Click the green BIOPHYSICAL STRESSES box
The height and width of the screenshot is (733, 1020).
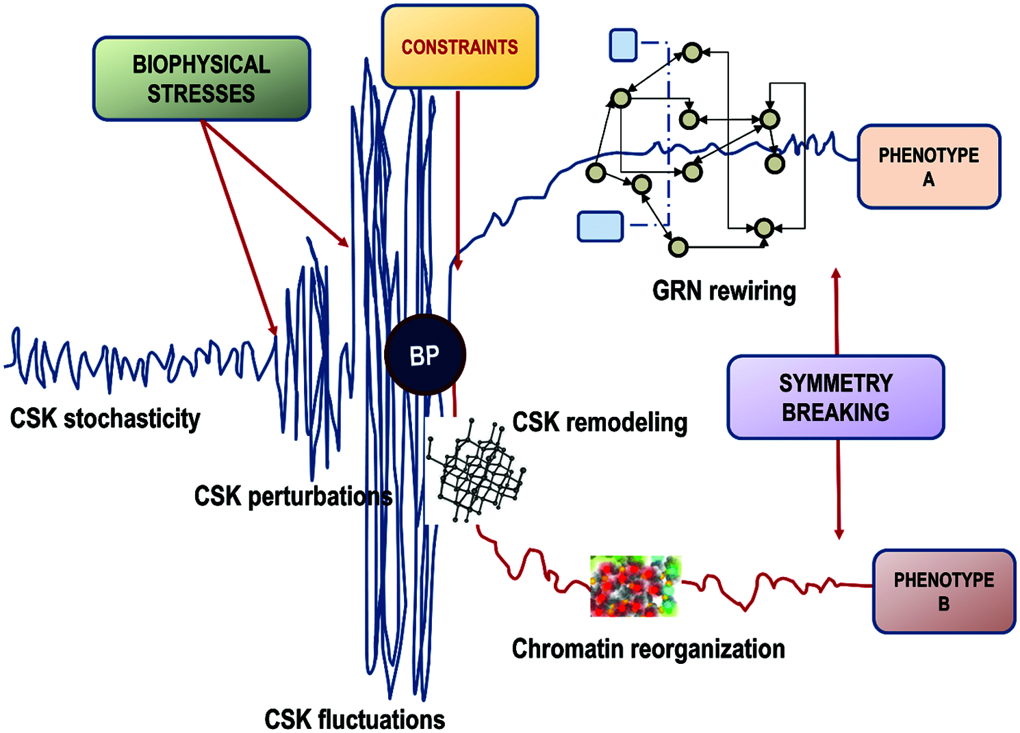201,79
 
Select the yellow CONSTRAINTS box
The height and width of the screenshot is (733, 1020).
459,47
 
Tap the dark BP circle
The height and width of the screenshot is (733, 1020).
425,355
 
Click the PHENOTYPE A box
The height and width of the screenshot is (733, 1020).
928,166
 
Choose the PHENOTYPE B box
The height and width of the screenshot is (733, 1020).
943,591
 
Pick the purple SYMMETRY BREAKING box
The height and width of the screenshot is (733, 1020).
835,397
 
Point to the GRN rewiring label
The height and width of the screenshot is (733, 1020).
724,291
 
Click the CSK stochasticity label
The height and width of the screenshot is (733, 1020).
105,418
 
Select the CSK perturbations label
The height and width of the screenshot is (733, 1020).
293,496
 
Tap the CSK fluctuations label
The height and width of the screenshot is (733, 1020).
355,719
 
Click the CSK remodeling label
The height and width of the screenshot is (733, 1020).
600,422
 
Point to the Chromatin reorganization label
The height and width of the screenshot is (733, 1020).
648,648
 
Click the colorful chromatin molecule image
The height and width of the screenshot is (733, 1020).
635,586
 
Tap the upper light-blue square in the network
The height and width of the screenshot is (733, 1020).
623,45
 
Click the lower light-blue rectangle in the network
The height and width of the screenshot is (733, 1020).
600,227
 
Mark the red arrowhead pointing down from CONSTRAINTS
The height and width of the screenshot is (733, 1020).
458,263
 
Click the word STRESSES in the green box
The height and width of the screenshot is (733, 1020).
201,94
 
